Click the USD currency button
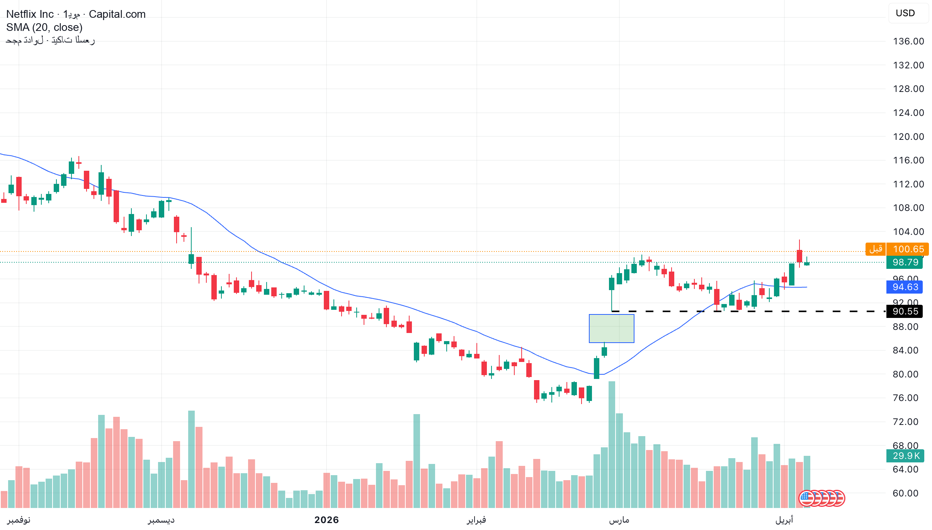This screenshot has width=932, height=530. point(905,14)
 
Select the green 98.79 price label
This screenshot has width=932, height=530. point(905,262)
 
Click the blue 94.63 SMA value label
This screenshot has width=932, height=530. point(905,287)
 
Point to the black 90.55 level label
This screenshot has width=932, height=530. point(905,311)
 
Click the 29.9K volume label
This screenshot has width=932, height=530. point(905,456)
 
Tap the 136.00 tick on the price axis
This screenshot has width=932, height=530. point(908,41)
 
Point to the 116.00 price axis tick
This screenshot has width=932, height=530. point(908,160)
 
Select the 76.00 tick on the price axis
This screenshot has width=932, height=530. point(905,398)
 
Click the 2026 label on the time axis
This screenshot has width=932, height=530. point(327,520)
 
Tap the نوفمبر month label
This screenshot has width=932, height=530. point(19,520)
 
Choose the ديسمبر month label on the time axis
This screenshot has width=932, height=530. point(161,520)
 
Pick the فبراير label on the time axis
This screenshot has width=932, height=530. point(476,520)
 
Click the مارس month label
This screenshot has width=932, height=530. point(619,520)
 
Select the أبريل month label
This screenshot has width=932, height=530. point(784,520)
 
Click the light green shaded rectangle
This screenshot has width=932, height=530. point(611,328)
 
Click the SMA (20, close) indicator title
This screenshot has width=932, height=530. point(44,27)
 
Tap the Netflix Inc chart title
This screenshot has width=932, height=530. point(30,14)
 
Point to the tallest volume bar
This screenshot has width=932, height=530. point(612,444)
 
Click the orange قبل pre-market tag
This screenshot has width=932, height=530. point(876,249)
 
